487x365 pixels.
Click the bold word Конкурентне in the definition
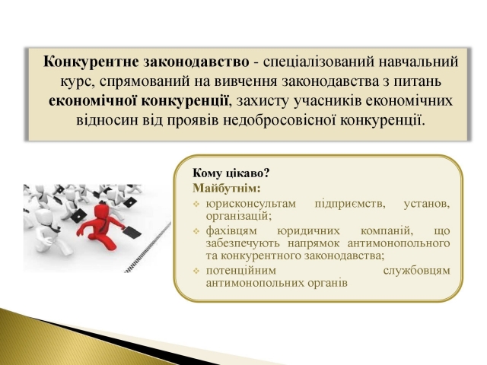pos(91,62)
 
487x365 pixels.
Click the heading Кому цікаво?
pos(231,173)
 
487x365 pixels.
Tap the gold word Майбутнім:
pos(227,188)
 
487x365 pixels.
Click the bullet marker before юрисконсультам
pos(196,205)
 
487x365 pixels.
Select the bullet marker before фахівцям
pos(196,232)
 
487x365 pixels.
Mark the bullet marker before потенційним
pos(196,271)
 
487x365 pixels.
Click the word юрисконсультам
pos(251,205)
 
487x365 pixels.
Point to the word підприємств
pos(350,205)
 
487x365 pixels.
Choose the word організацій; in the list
pos(238,216)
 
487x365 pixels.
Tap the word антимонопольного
pos(399,243)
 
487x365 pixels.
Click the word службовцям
pos(416,271)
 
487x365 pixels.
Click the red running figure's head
pos(102,211)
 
